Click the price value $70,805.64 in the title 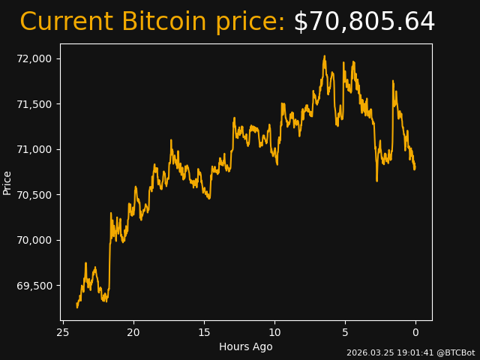tap(364, 22)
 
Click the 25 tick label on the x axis tap(63, 332)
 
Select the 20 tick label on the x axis tap(133, 332)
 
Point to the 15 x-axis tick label tap(204, 332)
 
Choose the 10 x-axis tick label tap(274, 332)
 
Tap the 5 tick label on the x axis tap(345, 332)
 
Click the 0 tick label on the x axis tap(415, 332)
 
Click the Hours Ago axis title tap(245, 346)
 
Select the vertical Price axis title tap(7, 182)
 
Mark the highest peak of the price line tap(325, 55)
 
